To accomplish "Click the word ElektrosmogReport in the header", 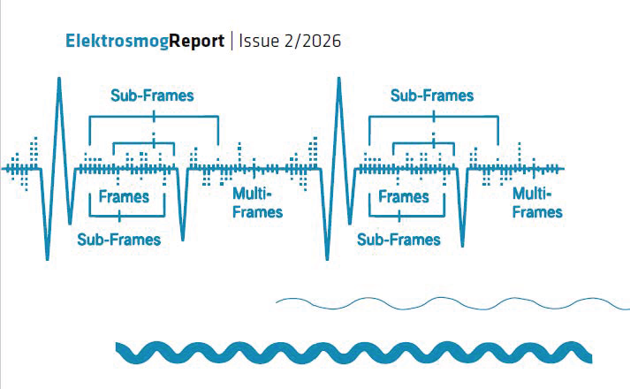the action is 145,42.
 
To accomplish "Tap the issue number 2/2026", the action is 313,41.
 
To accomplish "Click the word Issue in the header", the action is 259,41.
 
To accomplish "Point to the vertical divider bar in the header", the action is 232,41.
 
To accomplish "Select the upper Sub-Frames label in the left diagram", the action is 152,95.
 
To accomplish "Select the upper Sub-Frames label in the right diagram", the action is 432,95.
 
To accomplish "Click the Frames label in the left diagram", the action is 124,197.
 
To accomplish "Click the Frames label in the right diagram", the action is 404,197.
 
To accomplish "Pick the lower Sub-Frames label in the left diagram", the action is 119,240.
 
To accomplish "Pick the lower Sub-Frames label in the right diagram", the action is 398,240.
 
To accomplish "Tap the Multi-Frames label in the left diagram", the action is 257,203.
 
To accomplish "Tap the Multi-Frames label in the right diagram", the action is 537,203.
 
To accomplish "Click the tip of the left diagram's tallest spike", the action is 59,78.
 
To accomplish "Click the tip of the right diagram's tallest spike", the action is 339,78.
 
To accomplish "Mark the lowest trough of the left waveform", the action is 48,259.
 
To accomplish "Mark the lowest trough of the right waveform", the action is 327,259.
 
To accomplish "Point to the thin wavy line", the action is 452,302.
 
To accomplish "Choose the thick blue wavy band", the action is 353,353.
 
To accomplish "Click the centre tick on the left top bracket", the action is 154,117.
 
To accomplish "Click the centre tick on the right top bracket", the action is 434,117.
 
